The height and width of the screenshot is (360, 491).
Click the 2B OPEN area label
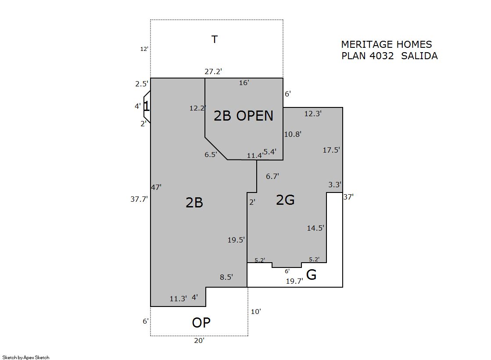[x=244, y=116]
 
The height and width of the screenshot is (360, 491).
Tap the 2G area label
[x=285, y=200]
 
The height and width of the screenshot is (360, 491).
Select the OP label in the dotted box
[x=201, y=323]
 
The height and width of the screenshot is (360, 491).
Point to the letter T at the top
[x=215, y=39]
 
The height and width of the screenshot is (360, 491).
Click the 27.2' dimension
[x=213, y=71]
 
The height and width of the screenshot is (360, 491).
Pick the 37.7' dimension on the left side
[x=139, y=199]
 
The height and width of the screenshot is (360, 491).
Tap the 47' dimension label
[x=156, y=187]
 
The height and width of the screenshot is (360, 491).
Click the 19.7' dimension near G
[x=294, y=281]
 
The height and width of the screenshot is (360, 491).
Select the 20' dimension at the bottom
[x=199, y=340]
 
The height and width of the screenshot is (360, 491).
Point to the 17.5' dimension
[x=331, y=150]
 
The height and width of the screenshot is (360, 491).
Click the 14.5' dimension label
[x=315, y=228]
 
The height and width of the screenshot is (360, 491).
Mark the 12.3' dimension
[x=313, y=114]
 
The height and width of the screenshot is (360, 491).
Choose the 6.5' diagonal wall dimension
[x=211, y=154]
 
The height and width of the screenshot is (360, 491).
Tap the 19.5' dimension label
[x=236, y=240]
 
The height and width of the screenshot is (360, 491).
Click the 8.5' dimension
[x=226, y=277]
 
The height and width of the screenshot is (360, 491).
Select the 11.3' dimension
[x=178, y=299]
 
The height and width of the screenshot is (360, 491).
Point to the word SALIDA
[x=419, y=56]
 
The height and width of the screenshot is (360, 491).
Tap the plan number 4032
[x=381, y=56]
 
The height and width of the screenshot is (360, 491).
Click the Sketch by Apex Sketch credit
[x=26, y=357]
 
